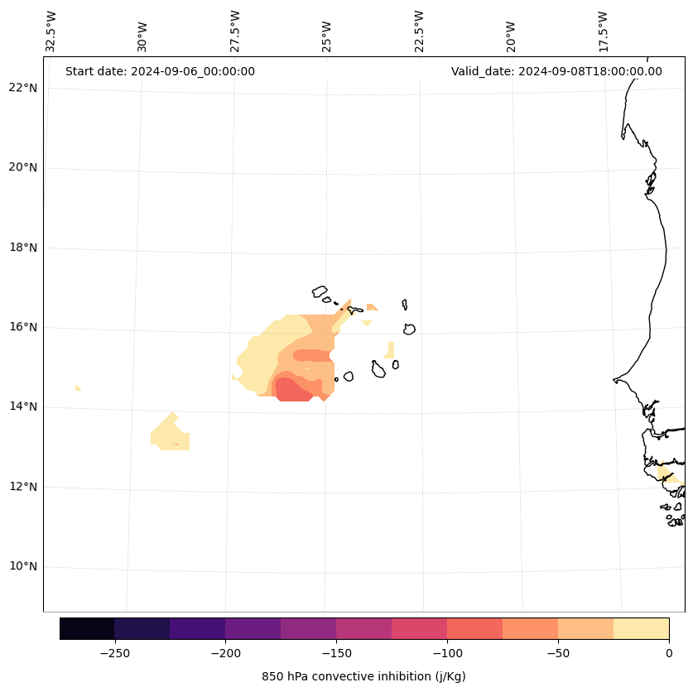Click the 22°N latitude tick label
coord(23,88)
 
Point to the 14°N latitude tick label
coord(23,406)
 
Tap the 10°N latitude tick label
coord(23,566)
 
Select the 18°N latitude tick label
coord(23,247)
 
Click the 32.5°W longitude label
coord(51,31)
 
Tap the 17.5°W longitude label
coord(603,31)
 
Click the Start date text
coord(160,71)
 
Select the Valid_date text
coord(556,71)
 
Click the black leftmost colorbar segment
coord(87,628)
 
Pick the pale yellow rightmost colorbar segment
coord(641,628)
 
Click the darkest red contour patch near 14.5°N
coord(292,390)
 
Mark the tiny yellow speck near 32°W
coord(78,387)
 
